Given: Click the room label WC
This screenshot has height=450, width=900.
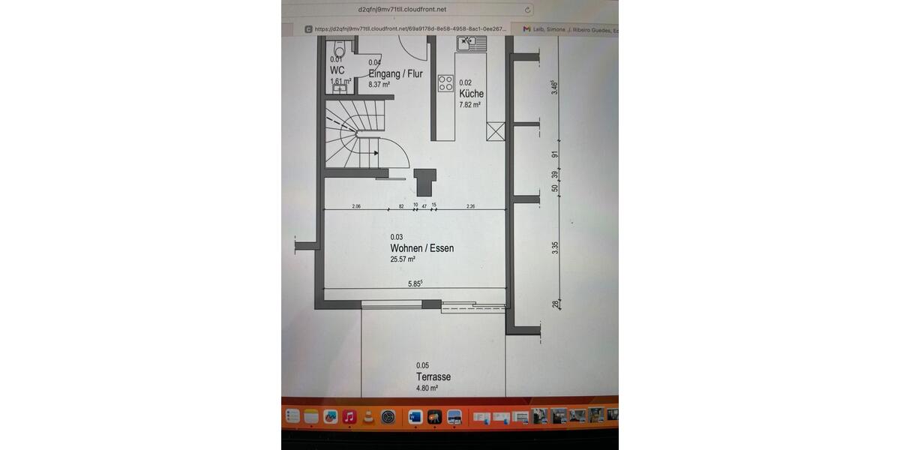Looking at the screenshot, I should point(337,70).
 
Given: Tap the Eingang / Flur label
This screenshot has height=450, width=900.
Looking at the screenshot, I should point(395,73).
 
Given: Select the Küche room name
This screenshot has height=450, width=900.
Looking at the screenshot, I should point(471,94).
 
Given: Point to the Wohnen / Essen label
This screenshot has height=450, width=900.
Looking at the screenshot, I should point(421,248).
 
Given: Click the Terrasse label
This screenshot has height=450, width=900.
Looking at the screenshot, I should point(433,376).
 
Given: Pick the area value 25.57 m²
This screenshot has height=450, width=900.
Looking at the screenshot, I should point(403,259).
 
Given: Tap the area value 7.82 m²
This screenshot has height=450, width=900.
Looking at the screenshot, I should point(469,105).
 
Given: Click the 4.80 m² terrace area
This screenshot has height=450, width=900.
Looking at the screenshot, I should point(427,388).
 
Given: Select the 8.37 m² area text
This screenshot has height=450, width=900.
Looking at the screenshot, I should point(379,85).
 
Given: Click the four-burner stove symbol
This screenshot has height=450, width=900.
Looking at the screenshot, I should point(445,82).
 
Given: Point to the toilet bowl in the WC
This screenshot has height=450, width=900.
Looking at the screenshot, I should point(339,45).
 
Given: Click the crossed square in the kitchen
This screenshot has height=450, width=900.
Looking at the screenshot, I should point(496,131).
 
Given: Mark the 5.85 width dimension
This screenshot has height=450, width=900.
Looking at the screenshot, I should point(415,283).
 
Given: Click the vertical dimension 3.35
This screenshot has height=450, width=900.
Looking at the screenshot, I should point(555,247).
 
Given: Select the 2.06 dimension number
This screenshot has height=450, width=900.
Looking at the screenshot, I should point(356,205).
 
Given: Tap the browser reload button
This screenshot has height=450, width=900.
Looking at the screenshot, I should point(528,10).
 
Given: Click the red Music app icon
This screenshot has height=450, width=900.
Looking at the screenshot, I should point(349,416).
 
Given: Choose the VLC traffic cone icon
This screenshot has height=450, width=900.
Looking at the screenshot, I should point(367,416).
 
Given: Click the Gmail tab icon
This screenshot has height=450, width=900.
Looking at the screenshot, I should point(526,29).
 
